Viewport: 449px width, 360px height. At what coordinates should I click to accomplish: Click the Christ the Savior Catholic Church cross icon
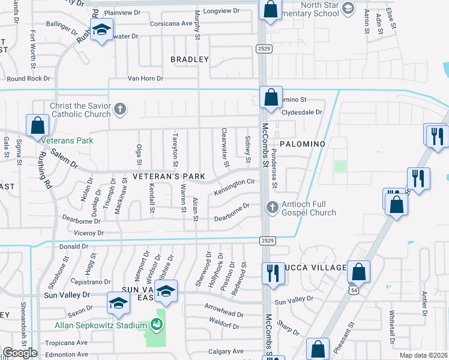(120, 109)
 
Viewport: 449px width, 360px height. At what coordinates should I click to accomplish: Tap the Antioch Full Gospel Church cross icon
(272, 207)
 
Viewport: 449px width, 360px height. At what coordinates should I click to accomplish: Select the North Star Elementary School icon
(347, 9)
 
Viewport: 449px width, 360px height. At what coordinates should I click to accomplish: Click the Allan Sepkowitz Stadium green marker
(158, 325)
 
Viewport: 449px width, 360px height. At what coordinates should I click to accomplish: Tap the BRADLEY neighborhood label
(189, 59)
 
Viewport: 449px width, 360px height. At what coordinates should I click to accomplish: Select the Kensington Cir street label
(235, 187)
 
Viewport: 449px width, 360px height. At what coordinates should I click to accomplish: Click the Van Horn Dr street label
(145, 78)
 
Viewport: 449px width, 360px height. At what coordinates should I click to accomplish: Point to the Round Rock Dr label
(29, 78)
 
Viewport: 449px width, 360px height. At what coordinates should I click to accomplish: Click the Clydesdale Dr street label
(302, 112)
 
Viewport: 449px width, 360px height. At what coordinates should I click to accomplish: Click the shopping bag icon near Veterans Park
(37, 125)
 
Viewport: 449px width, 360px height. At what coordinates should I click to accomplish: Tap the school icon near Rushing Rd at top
(101, 29)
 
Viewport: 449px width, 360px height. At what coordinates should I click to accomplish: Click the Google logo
(20, 353)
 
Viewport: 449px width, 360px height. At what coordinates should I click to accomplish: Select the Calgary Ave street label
(226, 351)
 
